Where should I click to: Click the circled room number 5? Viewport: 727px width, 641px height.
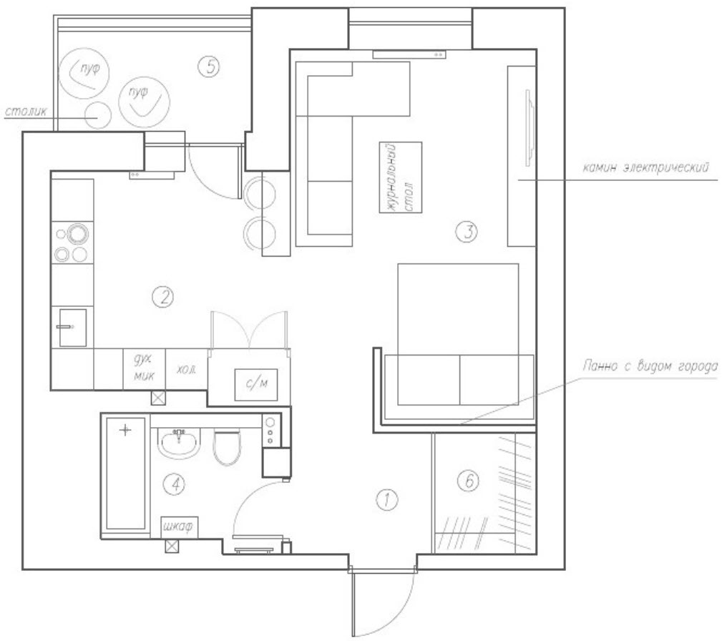209,67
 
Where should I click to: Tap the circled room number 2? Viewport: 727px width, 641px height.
163,297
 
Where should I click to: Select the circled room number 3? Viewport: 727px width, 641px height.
467,231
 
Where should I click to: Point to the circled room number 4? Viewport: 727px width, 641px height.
175,484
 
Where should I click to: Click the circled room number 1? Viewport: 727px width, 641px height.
386,499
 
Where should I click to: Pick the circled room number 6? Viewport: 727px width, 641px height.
468,481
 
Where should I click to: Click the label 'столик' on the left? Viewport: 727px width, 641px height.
26,112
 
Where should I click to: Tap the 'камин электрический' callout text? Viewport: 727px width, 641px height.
646,167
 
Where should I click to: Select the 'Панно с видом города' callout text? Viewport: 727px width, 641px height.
650,366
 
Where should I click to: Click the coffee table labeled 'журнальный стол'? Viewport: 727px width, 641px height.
401,177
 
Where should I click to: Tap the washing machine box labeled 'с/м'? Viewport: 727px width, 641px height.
256,385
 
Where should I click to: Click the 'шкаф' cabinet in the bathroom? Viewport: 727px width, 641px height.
180,527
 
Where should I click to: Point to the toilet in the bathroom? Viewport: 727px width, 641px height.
227,446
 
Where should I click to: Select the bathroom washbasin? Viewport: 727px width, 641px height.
179,443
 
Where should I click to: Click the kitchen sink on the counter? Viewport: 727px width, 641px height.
73,328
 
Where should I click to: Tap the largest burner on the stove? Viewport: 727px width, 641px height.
77,234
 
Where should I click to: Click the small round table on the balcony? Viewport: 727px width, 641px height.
98,115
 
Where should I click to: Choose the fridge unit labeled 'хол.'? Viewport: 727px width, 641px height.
186,369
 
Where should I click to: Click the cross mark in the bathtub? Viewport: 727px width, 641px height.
125,430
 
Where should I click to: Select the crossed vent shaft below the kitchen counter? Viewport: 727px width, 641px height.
159,398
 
